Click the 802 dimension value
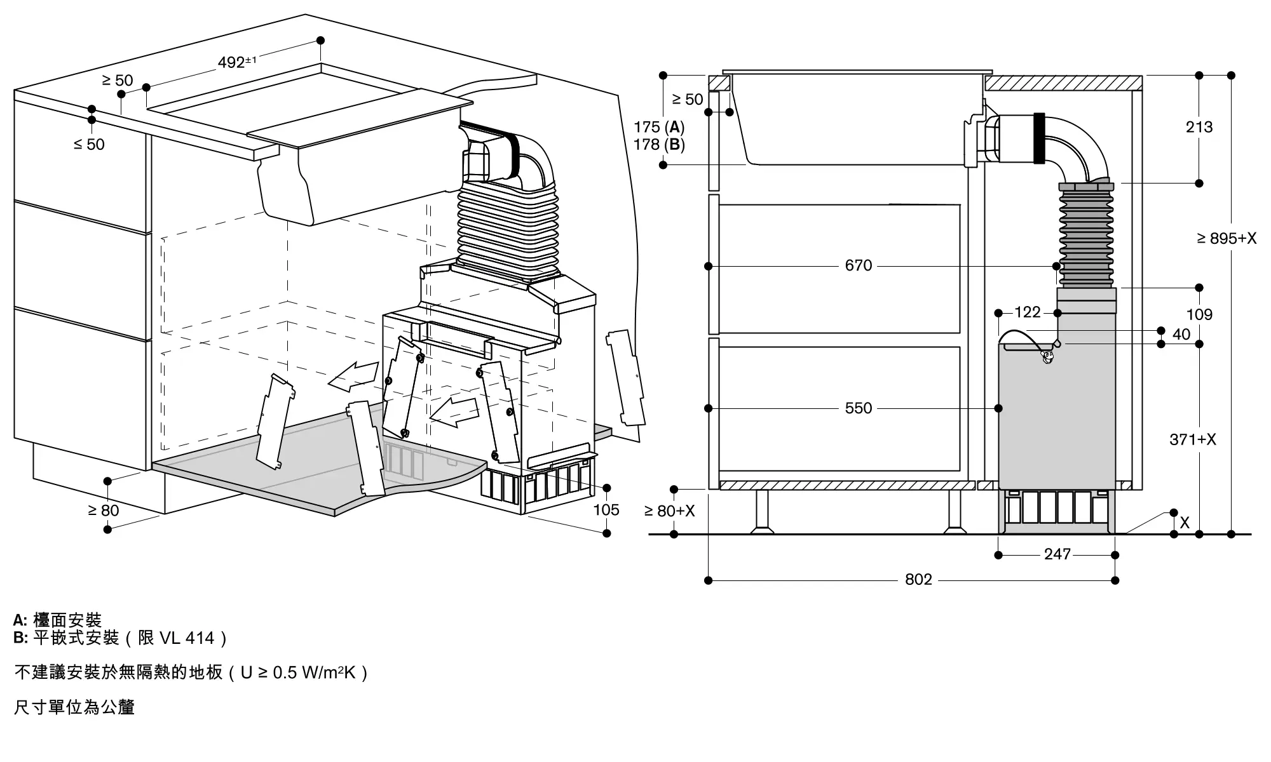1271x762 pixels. click(918, 579)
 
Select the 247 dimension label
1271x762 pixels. click(1057, 554)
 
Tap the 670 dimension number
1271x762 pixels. click(859, 265)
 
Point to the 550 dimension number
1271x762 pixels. click(859, 408)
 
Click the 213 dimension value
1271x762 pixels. click(1199, 127)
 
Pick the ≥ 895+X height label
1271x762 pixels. click(1227, 238)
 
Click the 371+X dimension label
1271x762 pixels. click(1193, 439)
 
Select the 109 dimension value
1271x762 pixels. click(1199, 314)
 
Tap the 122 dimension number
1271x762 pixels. click(1028, 312)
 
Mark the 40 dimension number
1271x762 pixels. click(1181, 334)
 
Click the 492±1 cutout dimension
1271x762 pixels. click(237, 62)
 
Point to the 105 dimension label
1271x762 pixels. click(606, 509)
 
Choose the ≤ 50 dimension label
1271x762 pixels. click(89, 144)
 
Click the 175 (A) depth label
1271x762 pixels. click(659, 127)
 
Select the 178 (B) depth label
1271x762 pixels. click(659, 145)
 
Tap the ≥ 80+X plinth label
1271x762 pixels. click(670, 511)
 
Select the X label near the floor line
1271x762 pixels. click(1185, 523)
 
